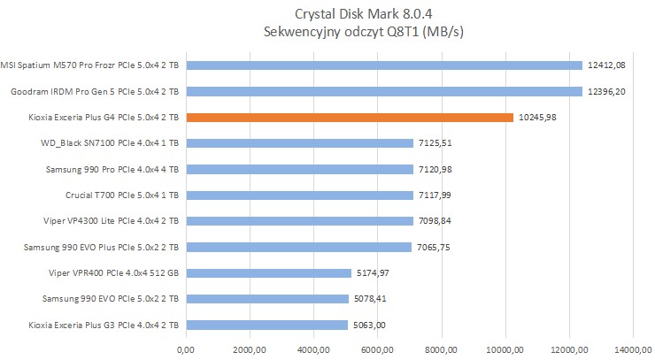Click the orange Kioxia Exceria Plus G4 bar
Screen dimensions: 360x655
click(350, 117)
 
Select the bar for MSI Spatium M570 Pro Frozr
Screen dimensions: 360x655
click(384, 65)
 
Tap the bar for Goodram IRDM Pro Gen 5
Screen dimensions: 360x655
click(384, 91)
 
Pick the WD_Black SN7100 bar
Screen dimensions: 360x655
click(300, 143)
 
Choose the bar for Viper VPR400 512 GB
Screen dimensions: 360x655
click(269, 272)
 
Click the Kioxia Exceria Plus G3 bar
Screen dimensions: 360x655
click(267, 325)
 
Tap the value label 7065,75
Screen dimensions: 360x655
click(436, 247)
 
